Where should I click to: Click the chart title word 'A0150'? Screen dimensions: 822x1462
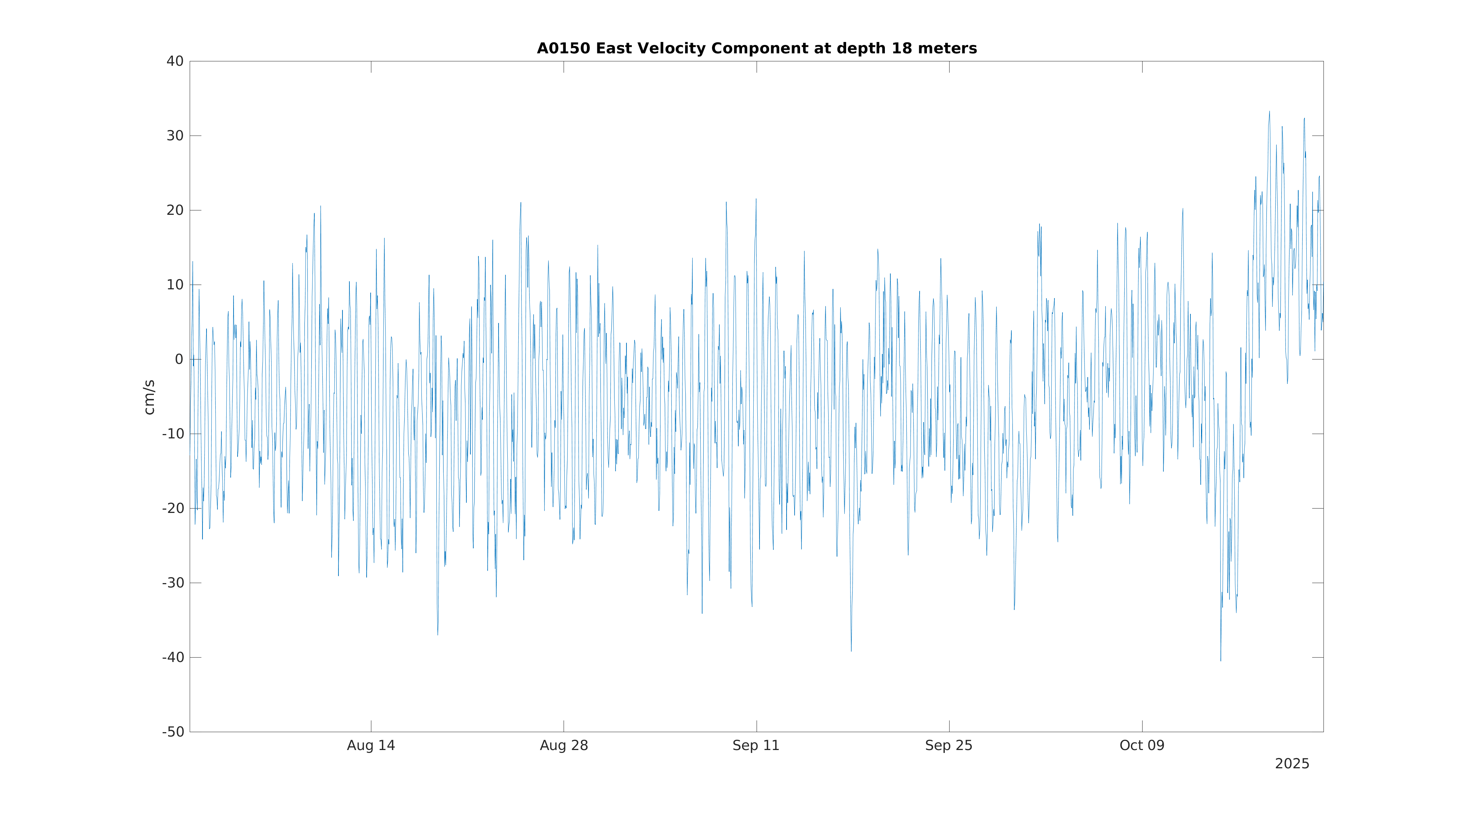coord(564,49)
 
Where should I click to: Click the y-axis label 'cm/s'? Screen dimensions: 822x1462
coord(149,397)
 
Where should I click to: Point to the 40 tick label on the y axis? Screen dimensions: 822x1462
coord(175,61)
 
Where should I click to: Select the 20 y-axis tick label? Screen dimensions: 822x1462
coord(175,210)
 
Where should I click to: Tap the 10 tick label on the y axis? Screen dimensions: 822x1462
coord(175,285)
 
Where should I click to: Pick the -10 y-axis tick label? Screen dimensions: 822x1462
coord(173,434)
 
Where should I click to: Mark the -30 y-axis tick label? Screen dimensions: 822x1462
coord(173,583)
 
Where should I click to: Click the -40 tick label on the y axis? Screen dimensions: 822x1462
coord(173,658)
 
